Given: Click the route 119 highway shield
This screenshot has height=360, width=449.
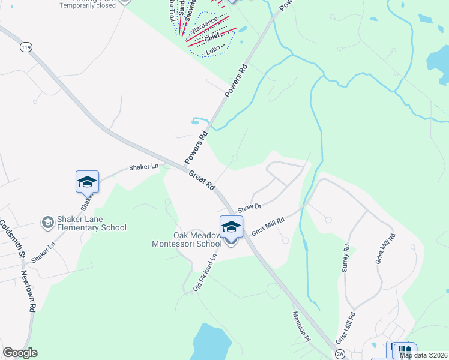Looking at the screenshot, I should [x=25, y=46].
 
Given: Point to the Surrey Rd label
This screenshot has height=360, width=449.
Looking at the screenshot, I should [x=346, y=259].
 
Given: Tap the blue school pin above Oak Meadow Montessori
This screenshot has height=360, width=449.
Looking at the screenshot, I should [x=231, y=227].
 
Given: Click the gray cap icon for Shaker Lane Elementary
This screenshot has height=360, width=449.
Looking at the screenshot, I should [x=46, y=223].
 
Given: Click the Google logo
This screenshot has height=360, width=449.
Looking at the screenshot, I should [x=20, y=353].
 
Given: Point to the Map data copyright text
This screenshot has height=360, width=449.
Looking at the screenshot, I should [x=424, y=355].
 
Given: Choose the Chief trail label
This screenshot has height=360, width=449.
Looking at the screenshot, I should [x=212, y=38].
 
